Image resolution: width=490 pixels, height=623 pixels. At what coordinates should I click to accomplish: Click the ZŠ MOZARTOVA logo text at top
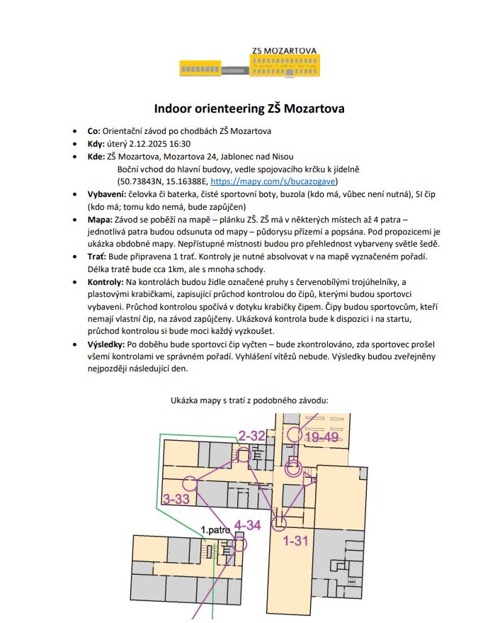tap(284, 51)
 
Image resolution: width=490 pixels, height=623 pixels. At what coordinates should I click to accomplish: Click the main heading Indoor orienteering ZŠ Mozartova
tap(244, 109)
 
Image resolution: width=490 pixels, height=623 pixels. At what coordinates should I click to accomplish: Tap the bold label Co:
tap(93, 131)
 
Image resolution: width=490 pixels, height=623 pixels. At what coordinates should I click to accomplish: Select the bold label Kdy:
tap(96, 144)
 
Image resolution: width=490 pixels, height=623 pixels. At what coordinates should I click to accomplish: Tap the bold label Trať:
tap(97, 257)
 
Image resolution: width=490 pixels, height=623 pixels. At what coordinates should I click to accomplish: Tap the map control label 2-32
tap(251, 435)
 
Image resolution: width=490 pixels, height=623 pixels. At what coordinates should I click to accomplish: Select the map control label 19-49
tap(322, 437)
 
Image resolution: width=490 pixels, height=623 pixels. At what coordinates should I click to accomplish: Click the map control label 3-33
tap(176, 499)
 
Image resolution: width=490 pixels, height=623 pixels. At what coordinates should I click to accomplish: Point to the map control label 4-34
tap(248, 525)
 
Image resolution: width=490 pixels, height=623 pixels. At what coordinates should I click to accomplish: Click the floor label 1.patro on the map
tap(213, 529)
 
